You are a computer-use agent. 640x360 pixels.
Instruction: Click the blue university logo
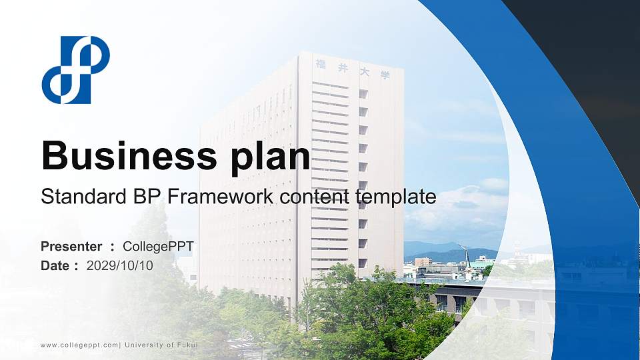[x=75, y=70]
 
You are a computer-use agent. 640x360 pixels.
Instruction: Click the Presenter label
[x=71, y=247]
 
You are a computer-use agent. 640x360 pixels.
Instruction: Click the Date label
[x=55, y=265]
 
